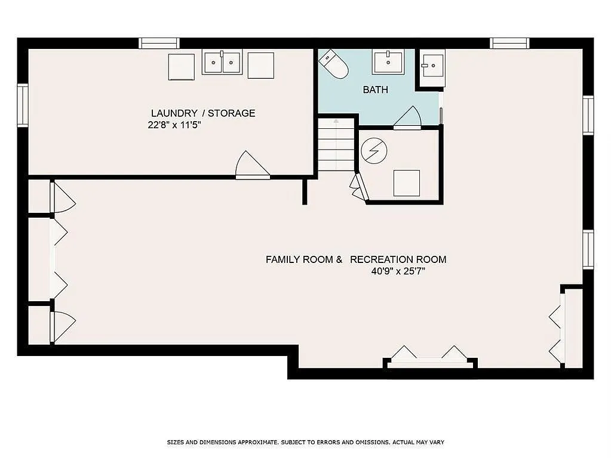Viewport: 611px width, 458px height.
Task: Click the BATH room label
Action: pyautogui.click(x=376, y=90)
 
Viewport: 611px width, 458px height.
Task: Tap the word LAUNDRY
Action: pyautogui.click(x=174, y=113)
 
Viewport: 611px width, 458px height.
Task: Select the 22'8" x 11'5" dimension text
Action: pyautogui.click(x=174, y=126)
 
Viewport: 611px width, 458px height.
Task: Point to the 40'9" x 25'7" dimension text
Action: pyautogui.click(x=398, y=272)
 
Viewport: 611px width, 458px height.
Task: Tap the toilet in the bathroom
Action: pyautogui.click(x=333, y=64)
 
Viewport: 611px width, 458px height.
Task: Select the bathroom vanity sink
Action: pyautogui.click(x=388, y=61)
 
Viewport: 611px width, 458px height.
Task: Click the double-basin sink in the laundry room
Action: pyautogui.click(x=222, y=62)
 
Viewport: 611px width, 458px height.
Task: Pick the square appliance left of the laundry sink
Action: pyautogui.click(x=181, y=66)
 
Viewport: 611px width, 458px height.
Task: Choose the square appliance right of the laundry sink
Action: pyautogui.click(x=260, y=66)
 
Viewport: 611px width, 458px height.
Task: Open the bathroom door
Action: pyautogui.click(x=408, y=119)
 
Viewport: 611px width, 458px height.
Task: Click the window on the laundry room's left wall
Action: pyautogui.click(x=23, y=106)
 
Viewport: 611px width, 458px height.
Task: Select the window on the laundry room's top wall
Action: pyautogui.click(x=159, y=43)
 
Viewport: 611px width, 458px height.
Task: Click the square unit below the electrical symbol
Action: pyautogui.click(x=406, y=183)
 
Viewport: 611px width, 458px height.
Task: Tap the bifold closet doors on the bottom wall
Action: pyautogui.click(x=430, y=356)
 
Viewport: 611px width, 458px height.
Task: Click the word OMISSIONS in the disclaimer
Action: pyautogui.click(x=370, y=442)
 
